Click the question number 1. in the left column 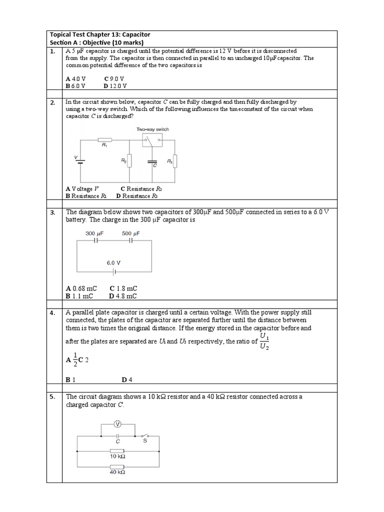52,51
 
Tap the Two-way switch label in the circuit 152,129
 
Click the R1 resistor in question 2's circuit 104,140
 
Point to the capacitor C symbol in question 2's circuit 152,161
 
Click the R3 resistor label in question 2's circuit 169,161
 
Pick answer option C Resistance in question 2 141,189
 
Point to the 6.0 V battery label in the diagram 113,262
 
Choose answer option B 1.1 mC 79,296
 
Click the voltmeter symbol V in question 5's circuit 118,424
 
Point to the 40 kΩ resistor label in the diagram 117,471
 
